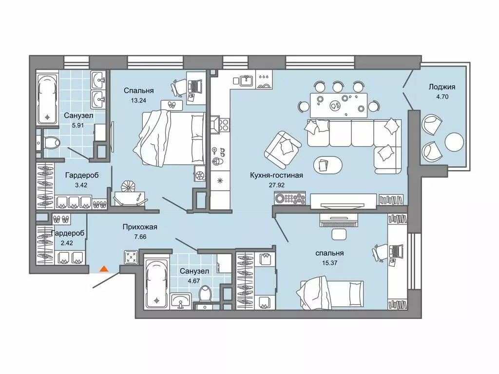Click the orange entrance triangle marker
(x=104, y=269)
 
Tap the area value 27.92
(x=277, y=185)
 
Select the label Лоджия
(x=441, y=87)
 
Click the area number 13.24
(x=138, y=100)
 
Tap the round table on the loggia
(x=455, y=142)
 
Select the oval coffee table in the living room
(x=328, y=165)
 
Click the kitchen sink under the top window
(x=246, y=80)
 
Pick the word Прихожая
(x=140, y=227)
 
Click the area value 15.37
(x=329, y=263)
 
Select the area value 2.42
(x=66, y=243)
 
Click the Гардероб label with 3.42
(x=82, y=175)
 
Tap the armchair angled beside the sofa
(x=283, y=150)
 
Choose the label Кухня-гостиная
(x=277, y=175)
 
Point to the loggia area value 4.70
(x=442, y=96)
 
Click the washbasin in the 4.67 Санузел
(x=181, y=300)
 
